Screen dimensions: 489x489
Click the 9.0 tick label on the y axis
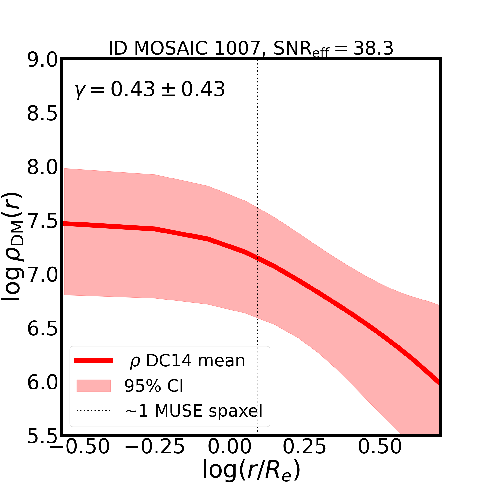point(43,60)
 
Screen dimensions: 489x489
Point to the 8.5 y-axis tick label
point(43,114)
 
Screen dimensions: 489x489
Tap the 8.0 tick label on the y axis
point(43,168)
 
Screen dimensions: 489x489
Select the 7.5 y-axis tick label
point(43,222)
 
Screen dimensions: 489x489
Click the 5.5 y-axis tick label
point(43,437)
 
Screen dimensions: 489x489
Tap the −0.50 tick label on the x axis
point(80,454)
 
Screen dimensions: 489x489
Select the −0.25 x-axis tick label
point(155,454)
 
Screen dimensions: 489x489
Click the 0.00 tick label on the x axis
point(230,454)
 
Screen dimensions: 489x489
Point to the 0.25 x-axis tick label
point(304,454)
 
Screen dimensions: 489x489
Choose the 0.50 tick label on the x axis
point(380,454)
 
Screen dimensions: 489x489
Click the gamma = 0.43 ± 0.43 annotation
point(150,89)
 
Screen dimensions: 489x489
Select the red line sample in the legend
point(93,361)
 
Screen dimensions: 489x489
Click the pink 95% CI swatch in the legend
point(93,386)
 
